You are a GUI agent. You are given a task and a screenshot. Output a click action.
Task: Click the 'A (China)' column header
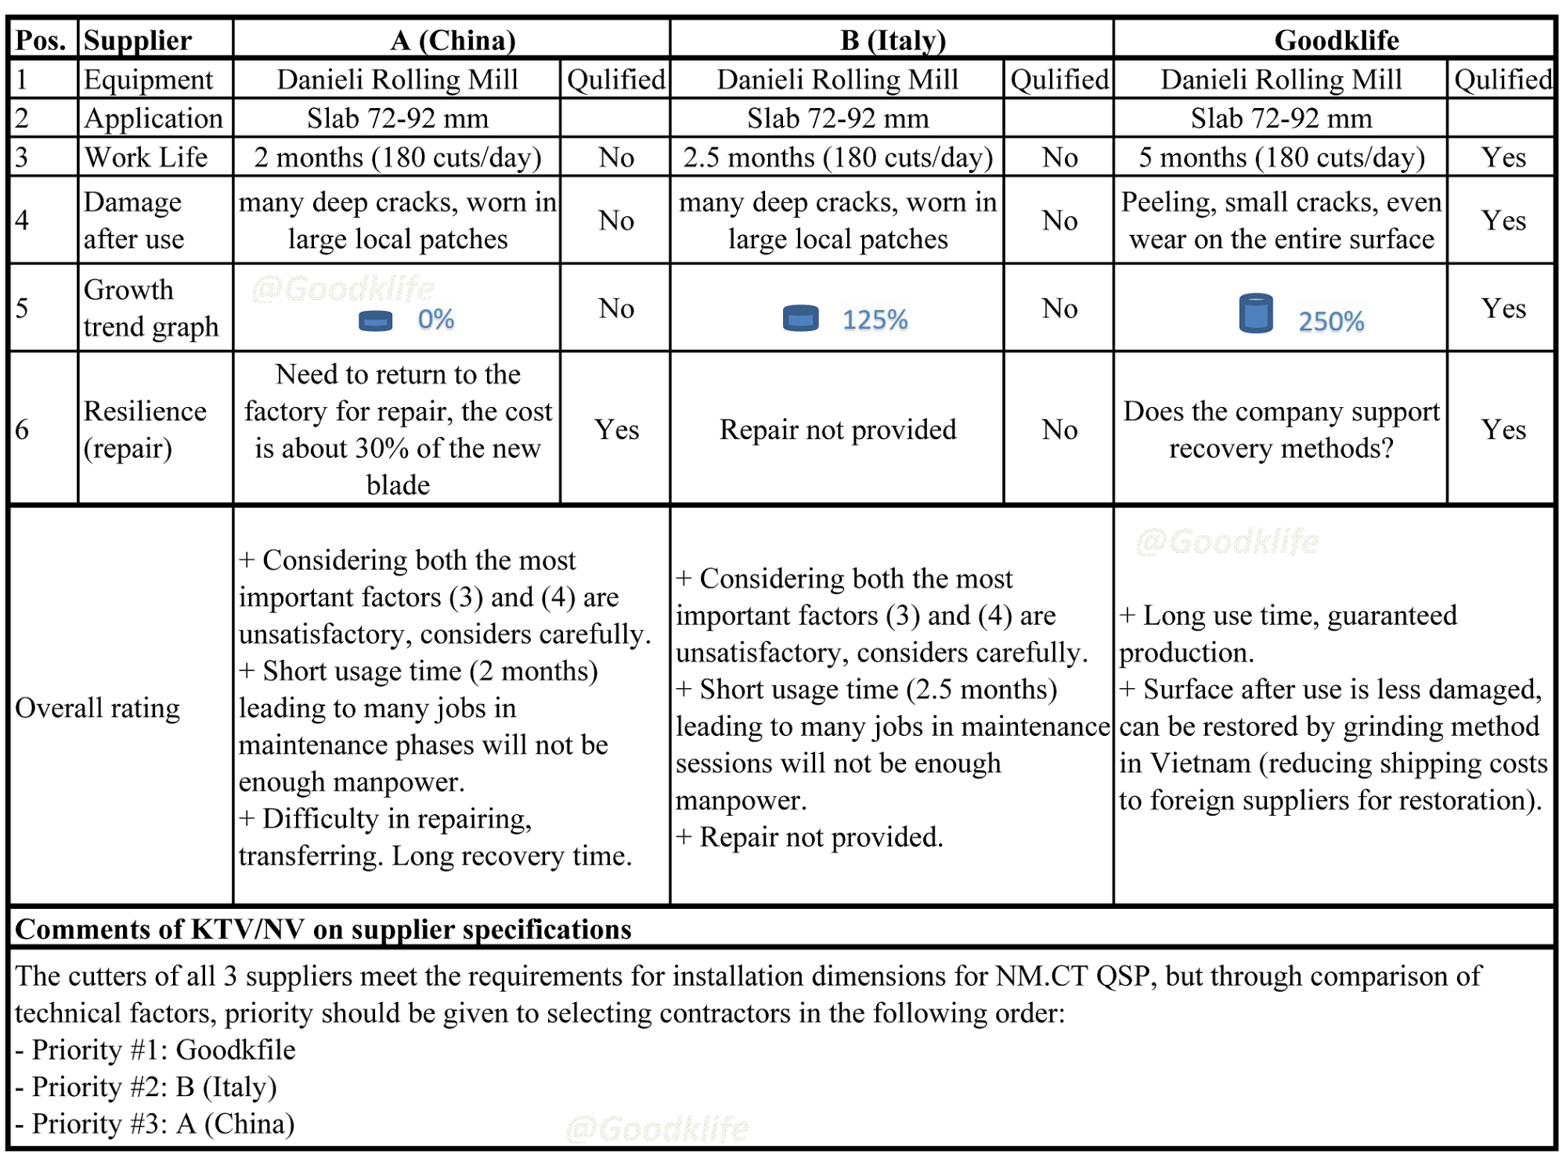click(453, 40)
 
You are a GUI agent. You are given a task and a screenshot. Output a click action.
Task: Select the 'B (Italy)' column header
click(893, 40)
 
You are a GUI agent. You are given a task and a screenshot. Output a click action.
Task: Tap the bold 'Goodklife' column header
click(1336, 40)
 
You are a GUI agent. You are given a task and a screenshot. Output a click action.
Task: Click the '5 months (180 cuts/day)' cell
click(1281, 158)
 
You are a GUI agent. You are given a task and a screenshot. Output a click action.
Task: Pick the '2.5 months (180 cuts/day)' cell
click(837, 158)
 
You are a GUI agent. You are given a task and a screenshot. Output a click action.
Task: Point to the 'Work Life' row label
click(146, 158)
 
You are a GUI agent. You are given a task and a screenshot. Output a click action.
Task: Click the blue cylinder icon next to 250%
click(1256, 313)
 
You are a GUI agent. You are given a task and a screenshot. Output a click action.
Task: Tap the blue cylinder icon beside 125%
click(800, 319)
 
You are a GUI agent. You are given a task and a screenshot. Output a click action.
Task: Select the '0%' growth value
click(435, 319)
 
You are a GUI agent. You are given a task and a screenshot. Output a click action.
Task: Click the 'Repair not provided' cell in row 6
click(837, 429)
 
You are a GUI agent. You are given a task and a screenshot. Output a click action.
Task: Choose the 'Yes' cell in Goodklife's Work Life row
click(1503, 158)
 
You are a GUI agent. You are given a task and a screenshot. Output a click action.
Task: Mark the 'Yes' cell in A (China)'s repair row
click(616, 429)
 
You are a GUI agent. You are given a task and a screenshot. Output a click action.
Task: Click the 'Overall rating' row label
click(98, 708)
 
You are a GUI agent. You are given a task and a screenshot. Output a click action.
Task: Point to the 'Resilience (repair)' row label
click(146, 429)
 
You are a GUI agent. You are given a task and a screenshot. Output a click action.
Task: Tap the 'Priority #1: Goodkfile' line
click(157, 1050)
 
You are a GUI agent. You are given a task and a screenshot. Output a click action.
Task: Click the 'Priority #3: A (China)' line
click(157, 1123)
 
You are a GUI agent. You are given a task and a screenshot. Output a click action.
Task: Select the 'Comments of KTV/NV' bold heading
click(323, 929)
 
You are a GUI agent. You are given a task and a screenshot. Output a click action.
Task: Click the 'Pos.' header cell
click(41, 40)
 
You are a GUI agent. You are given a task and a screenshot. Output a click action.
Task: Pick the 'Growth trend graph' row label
click(150, 308)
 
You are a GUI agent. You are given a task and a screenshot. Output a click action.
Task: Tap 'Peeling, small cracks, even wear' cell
click(1281, 221)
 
